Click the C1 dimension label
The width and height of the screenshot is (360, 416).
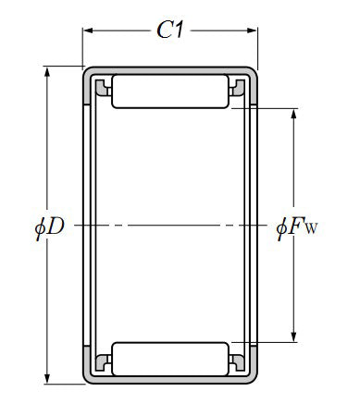(x=170, y=30)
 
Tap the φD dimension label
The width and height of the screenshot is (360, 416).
(x=50, y=228)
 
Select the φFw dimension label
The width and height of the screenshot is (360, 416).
(x=296, y=228)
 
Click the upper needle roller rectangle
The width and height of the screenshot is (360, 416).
(x=170, y=92)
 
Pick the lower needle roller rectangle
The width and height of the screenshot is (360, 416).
(x=170, y=359)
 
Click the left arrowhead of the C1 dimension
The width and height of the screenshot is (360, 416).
(x=88, y=31)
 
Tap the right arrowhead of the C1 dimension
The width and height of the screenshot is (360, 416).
(x=252, y=31)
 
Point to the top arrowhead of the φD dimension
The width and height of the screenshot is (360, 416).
(x=47, y=72)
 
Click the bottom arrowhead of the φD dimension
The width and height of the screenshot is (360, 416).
(x=47, y=378)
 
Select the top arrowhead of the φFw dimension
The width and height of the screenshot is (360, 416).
(x=293, y=114)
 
